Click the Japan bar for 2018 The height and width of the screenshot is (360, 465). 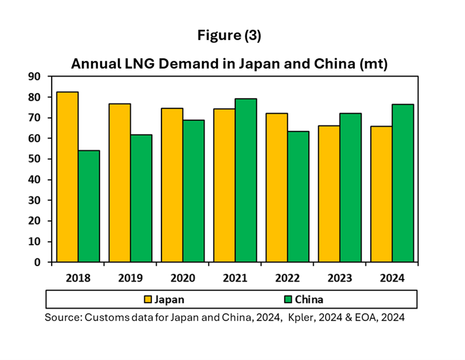[68, 177]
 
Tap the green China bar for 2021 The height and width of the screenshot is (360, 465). [245, 180]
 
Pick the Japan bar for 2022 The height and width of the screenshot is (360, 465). [277, 188]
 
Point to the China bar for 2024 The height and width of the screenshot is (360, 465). [403, 183]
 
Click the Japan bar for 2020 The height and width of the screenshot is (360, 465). [172, 185]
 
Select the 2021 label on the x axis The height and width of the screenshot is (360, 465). [235, 278]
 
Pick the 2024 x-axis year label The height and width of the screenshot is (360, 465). [392, 278]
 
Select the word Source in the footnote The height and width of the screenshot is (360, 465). [62, 317]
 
